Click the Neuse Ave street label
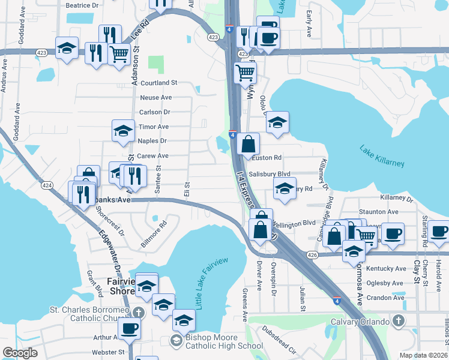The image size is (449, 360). [x=155, y=97]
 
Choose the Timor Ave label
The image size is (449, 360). [x=154, y=127]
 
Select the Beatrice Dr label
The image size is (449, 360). [x=82, y=5]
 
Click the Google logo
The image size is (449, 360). [x=20, y=353]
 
